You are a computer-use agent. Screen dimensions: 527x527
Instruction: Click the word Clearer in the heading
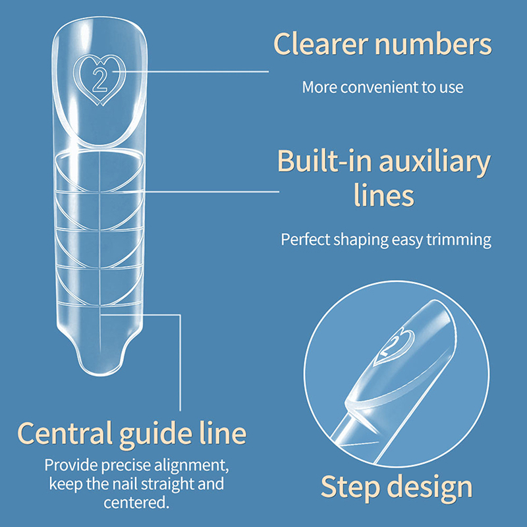coord(320,45)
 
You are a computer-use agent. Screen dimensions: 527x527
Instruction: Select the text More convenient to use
coord(383,87)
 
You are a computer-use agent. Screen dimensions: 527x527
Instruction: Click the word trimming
coord(458,239)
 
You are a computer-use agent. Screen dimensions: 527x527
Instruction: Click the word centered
coord(135,504)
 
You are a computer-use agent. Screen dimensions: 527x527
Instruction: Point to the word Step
coord(351,487)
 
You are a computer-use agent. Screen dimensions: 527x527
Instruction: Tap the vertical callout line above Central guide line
coord(180,362)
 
